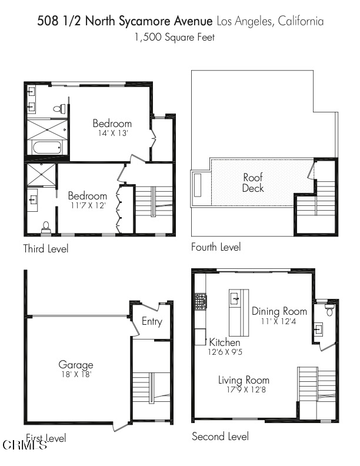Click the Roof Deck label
click(x=253, y=182)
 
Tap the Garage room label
click(x=75, y=365)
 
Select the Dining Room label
click(x=279, y=311)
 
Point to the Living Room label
click(x=244, y=380)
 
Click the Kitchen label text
click(x=225, y=342)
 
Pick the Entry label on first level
click(x=152, y=321)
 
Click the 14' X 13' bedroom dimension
click(x=112, y=134)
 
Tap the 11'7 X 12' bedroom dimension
click(x=87, y=206)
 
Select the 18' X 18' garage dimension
click(x=75, y=374)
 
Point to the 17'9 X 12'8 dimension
click(x=244, y=390)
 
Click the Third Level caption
click(x=46, y=249)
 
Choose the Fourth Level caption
click(x=216, y=247)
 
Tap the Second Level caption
click(x=220, y=437)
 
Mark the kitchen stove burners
click(x=201, y=302)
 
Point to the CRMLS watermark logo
click(x=25, y=445)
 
